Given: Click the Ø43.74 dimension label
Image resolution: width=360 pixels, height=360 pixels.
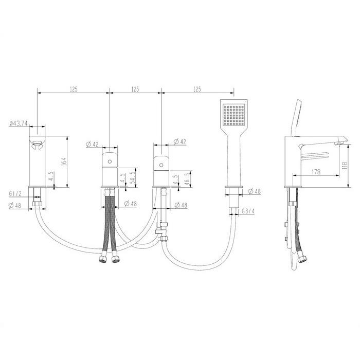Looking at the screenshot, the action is click(x=19, y=123).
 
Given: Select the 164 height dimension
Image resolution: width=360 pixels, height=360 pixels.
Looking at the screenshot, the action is click(x=64, y=161).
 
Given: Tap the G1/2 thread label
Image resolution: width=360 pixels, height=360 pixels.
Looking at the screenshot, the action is click(x=15, y=193).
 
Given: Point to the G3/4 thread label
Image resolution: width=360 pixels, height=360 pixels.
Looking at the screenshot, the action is click(x=248, y=211).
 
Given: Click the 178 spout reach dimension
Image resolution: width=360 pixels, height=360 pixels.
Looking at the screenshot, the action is click(x=316, y=171).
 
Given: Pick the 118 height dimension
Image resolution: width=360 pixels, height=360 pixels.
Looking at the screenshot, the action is click(x=345, y=166).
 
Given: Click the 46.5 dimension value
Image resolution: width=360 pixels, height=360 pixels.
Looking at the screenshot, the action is click(x=187, y=179).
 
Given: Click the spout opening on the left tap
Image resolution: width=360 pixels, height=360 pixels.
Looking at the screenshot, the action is click(x=37, y=145).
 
